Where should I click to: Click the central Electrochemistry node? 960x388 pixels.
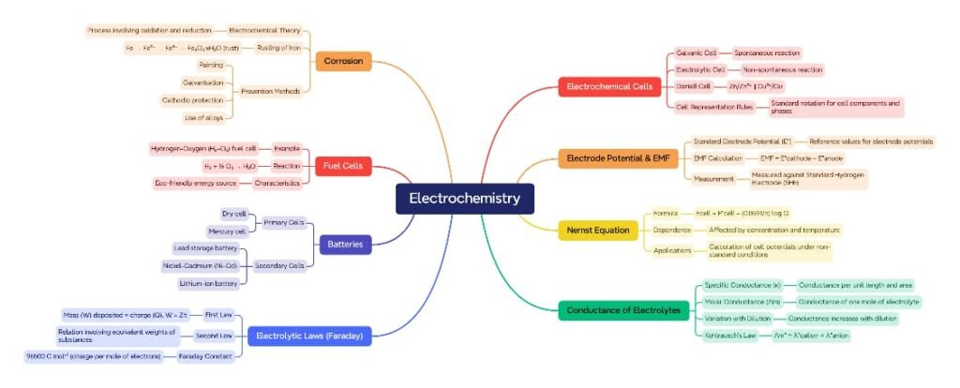pyautogui.click(x=464, y=199)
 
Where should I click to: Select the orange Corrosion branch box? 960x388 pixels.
pyautogui.click(x=344, y=62)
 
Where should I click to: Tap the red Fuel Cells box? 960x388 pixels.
pyautogui.click(x=345, y=166)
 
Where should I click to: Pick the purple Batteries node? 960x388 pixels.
pyautogui.click(x=345, y=245)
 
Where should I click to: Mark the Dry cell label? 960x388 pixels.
pyautogui.click(x=234, y=214)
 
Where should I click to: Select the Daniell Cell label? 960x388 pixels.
pyautogui.click(x=693, y=86)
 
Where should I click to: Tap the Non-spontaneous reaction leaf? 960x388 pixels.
pyautogui.click(x=782, y=69)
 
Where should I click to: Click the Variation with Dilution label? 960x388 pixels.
pyautogui.click(x=742, y=318)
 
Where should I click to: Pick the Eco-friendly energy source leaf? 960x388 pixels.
pyautogui.click(x=196, y=183)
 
